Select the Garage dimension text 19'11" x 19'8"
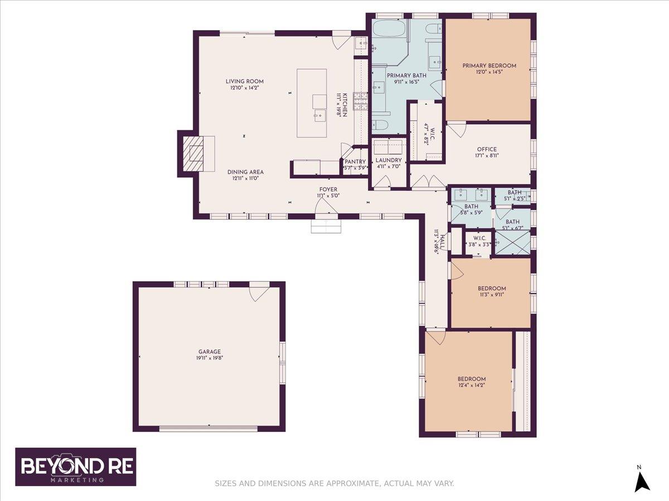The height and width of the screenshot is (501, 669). point(209,358)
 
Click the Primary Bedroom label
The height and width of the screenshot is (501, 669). point(489,66)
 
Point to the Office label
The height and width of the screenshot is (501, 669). point(487,149)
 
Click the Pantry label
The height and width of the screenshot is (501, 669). point(355,162)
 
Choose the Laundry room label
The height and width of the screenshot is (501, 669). point(388,160)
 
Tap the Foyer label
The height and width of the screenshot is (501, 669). point(328,189)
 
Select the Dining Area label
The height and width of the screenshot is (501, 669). point(245,173)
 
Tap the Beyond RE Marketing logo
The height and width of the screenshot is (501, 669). point(75,466)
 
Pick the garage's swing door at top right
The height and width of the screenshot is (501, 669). point(258,292)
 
